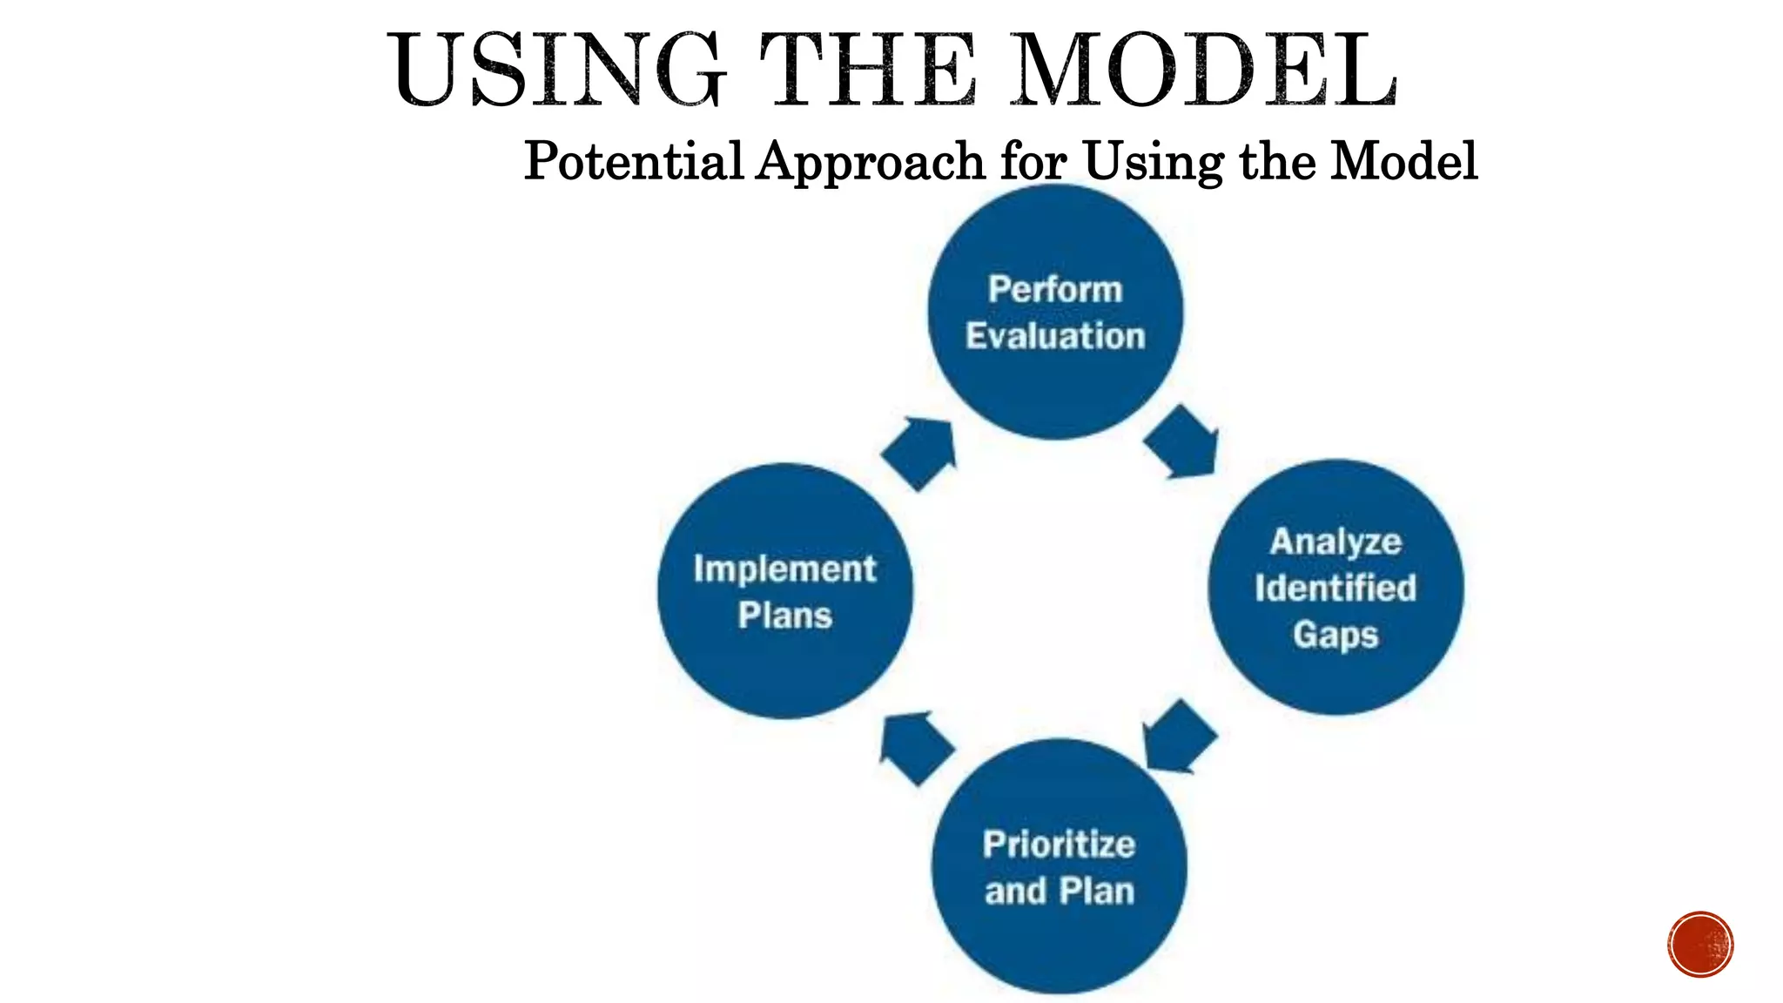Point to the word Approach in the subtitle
pyautogui.click(x=870, y=163)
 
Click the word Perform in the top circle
pyautogui.click(x=1055, y=290)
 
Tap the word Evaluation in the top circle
pyautogui.click(x=1055, y=336)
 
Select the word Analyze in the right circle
pyautogui.click(x=1336, y=542)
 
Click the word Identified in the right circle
pyautogui.click(x=1336, y=589)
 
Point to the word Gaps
pyautogui.click(x=1336, y=635)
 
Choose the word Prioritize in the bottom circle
pyautogui.click(x=1059, y=845)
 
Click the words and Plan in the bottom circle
pyautogui.click(x=1059, y=892)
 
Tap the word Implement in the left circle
pyautogui.click(x=784, y=569)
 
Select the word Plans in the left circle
pyautogui.click(x=784, y=616)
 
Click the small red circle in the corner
pyautogui.click(x=1700, y=945)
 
